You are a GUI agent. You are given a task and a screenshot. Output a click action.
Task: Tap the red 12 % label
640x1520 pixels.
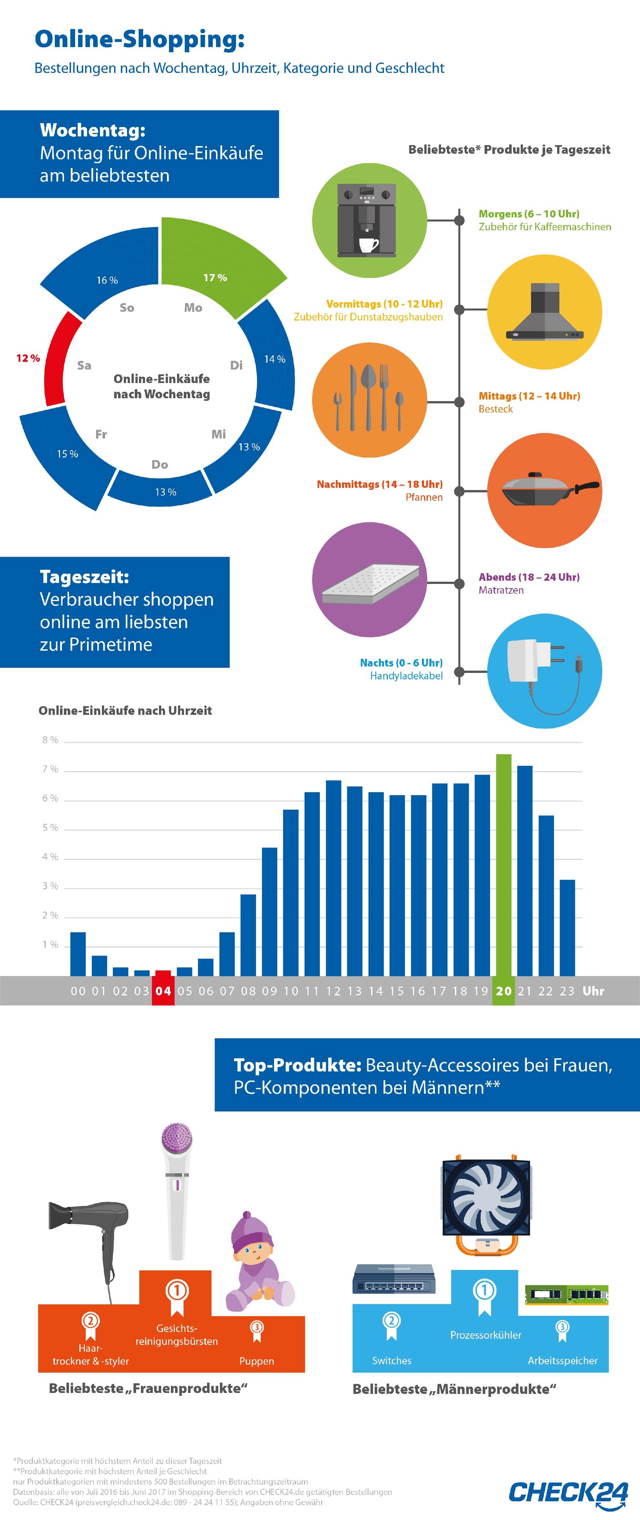[x=28, y=358]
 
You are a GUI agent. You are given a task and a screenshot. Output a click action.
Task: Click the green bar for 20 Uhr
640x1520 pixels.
[x=503, y=864]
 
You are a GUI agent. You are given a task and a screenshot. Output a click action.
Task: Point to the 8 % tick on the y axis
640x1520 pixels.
[x=50, y=740]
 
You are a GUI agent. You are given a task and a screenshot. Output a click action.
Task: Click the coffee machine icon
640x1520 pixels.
[x=366, y=220]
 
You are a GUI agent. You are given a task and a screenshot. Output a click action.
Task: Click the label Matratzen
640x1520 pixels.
[x=501, y=590]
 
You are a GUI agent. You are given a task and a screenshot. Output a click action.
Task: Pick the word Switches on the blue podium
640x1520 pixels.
[x=392, y=1361]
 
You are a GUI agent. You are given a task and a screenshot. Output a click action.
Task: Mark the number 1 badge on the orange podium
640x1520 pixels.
[x=176, y=1290]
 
